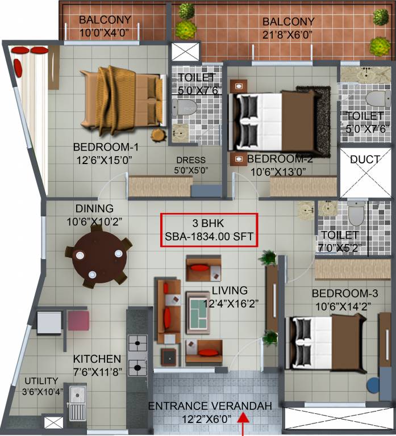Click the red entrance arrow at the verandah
pyautogui.click(x=244, y=423)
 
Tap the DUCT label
pyautogui.click(x=365, y=160)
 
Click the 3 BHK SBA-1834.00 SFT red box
pyautogui.click(x=209, y=230)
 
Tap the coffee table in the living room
pyautogui.click(x=199, y=312)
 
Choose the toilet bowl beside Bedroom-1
pyautogui.click(x=186, y=106)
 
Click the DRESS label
pyautogui.click(x=191, y=160)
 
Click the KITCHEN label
pyautogui.click(x=97, y=359)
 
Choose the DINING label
pyautogui.click(x=94, y=208)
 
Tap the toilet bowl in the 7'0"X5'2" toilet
pyautogui.click(x=356, y=214)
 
